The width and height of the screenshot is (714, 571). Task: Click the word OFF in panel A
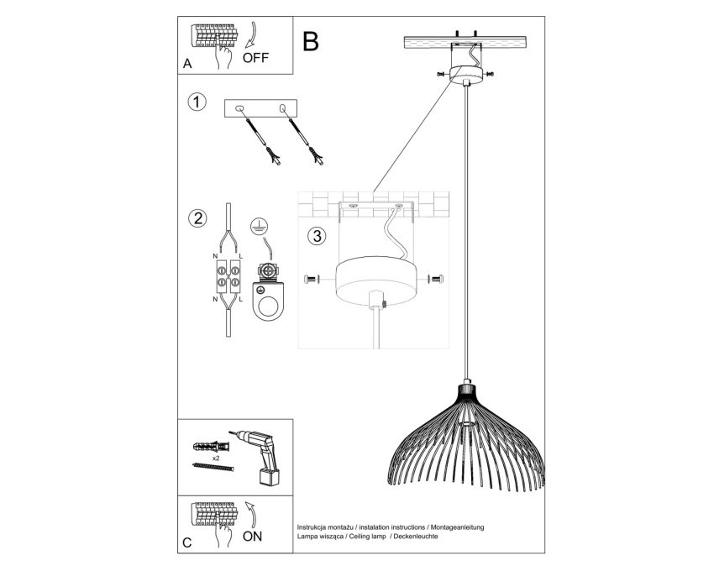point(255,58)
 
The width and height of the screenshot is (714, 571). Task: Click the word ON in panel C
point(252,537)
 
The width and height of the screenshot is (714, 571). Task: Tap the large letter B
point(310,41)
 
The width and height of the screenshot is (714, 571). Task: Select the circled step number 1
point(197,102)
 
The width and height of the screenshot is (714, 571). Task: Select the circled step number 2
point(197,218)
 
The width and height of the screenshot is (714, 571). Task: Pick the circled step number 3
point(317,236)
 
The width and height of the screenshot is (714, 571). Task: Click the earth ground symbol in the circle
point(259,227)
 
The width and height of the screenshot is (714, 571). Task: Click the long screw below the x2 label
point(213,467)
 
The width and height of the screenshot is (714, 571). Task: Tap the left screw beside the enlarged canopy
point(312,279)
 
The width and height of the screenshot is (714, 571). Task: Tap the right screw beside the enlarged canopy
point(436,279)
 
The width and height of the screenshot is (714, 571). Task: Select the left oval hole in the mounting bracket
point(239,108)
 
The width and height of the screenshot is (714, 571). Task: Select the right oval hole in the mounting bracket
point(283,108)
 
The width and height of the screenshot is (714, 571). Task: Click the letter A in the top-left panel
point(187,64)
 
